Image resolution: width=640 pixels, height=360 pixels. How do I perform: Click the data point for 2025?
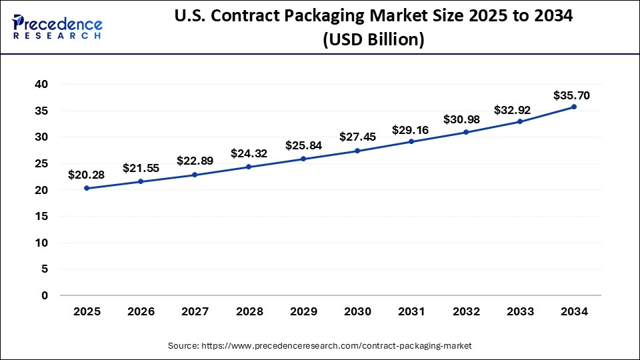(x=87, y=188)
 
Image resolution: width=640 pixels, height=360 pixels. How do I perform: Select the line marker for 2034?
(x=574, y=107)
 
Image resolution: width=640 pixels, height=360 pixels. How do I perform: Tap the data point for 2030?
(x=357, y=151)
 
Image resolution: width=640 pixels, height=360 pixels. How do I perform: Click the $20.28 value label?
(x=87, y=175)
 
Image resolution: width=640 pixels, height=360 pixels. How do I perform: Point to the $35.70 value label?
(x=571, y=95)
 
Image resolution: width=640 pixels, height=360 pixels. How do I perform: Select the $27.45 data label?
(x=357, y=137)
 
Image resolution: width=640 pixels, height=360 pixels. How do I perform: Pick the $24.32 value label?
(x=249, y=153)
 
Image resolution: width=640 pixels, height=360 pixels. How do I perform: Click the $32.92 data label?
(x=512, y=110)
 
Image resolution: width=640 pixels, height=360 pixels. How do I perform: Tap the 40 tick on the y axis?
(x=41, y=85)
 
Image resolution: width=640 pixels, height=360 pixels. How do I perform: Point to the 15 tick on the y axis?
(x=41, y=217)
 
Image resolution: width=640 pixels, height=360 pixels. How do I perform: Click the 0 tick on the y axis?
(x=45, y=295)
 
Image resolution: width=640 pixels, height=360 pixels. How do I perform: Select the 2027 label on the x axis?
(x=195, y=311)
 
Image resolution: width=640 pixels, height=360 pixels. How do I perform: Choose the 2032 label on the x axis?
(x=466, y=311)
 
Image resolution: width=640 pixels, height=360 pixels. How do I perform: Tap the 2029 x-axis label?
(x=303, y=311)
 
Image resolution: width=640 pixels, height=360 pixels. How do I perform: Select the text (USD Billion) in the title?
(x=373, y=40)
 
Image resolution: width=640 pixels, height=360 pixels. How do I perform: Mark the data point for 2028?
(x=249, y=167)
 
